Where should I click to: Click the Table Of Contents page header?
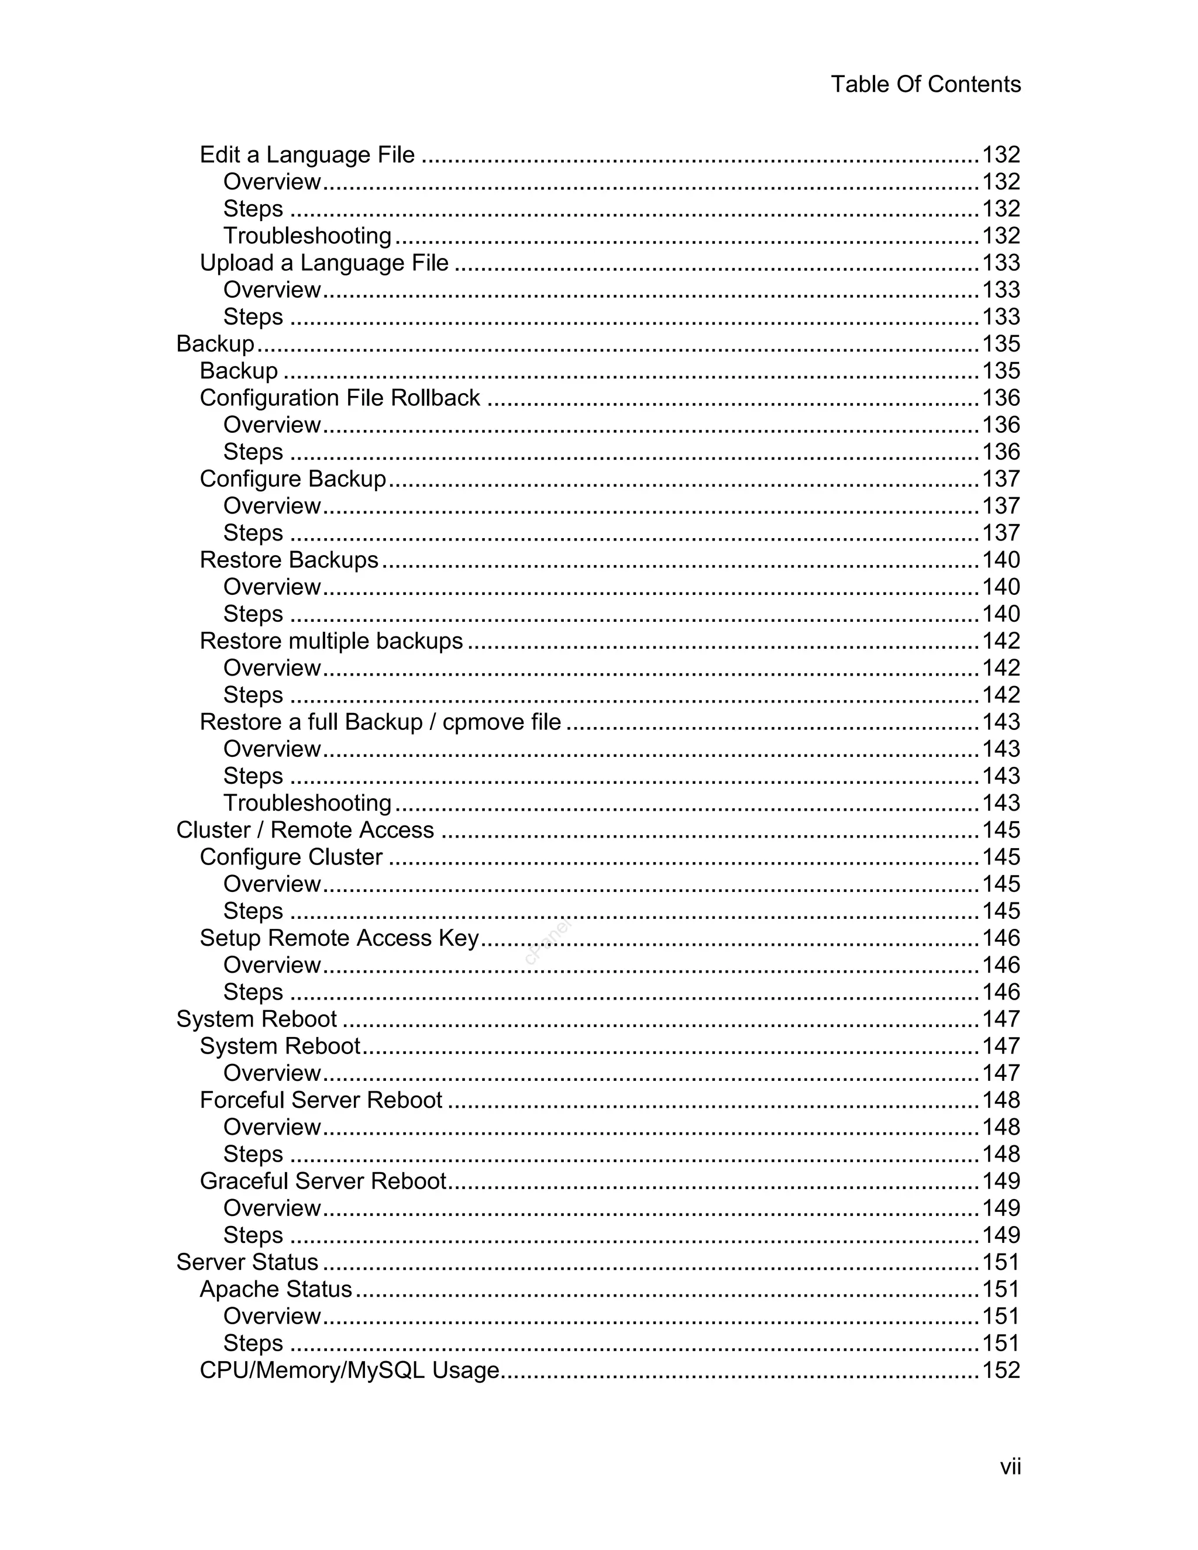tap(925, 84)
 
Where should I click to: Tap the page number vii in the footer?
tap(1010, 1466)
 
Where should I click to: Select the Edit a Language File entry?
tap(307, 155)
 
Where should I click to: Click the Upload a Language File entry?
tap(323, 263)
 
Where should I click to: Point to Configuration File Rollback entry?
tap(339, 398)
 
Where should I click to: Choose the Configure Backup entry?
tap(292, 479)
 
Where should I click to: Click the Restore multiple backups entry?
tap(331, 641)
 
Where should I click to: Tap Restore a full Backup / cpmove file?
tap(380, 722)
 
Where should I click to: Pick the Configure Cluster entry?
tap(291, 857)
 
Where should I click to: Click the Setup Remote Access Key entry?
tap(339, 938)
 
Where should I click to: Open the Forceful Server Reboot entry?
tap(321, 1100)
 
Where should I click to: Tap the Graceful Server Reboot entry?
tap(323, 1181)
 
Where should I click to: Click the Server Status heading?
tap(247, 1262)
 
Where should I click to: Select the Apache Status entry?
tap(276, 1289)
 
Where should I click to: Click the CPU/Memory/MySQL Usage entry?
tap(349, 1370)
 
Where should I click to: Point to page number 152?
tap(1001, 1370)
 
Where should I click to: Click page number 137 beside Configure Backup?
tap(1001, 479)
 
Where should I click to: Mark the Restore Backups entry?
tap(289, 560)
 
